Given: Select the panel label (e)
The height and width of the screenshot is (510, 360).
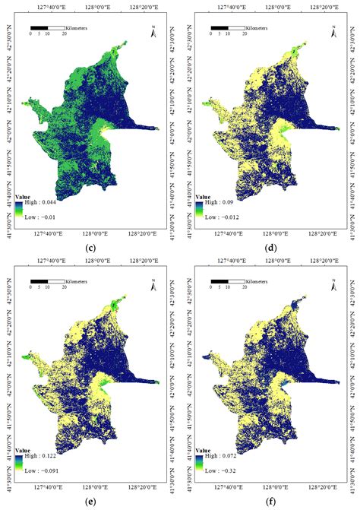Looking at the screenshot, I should pyautogui.click(x=90, y=502).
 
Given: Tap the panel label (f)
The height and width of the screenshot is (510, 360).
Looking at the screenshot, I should pyautogui.click(x=270, y=502).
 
